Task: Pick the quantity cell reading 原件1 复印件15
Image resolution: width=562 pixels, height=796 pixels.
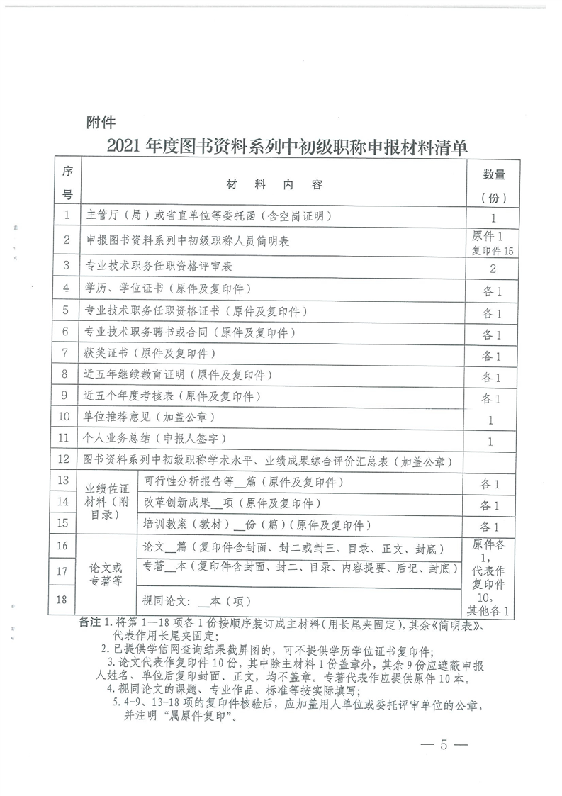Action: click(x=493, y=242)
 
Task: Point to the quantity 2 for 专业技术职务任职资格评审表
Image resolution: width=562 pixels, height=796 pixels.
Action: click(x=493, y=268)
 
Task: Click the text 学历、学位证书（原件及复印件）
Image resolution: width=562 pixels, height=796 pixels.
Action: click(x=168, y=288)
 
